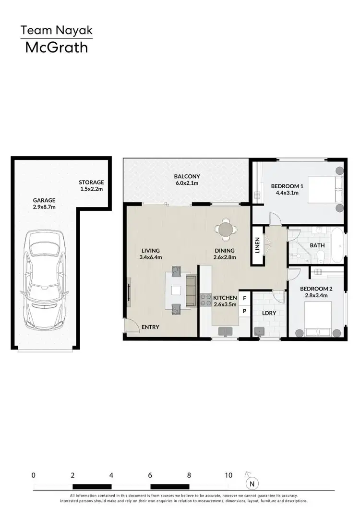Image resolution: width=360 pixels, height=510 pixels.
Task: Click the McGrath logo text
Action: (56, 47)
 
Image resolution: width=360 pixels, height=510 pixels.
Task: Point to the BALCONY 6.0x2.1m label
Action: (187, 180)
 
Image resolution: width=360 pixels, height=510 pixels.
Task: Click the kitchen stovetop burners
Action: (205, 300)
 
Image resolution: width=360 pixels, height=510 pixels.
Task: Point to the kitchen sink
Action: (225, 331)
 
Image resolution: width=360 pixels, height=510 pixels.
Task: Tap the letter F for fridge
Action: (244, 298)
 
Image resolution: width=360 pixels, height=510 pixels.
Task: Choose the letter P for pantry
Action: (244, 311)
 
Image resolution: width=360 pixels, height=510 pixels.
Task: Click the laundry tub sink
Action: (260, 331)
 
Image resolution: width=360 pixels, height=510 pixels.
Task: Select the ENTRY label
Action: (150, 327)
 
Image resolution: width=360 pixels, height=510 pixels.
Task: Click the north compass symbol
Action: (251, 483)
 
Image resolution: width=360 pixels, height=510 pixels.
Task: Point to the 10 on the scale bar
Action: (228, 475)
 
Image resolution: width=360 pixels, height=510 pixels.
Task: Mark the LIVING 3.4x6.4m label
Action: (151, 254)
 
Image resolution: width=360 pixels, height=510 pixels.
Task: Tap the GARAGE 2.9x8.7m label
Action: (44, 204)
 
